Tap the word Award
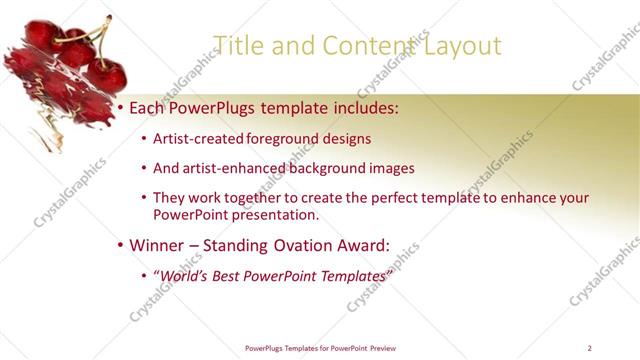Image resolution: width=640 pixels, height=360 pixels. (369, 244)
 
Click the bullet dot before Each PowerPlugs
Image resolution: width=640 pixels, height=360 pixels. (121, 106)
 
